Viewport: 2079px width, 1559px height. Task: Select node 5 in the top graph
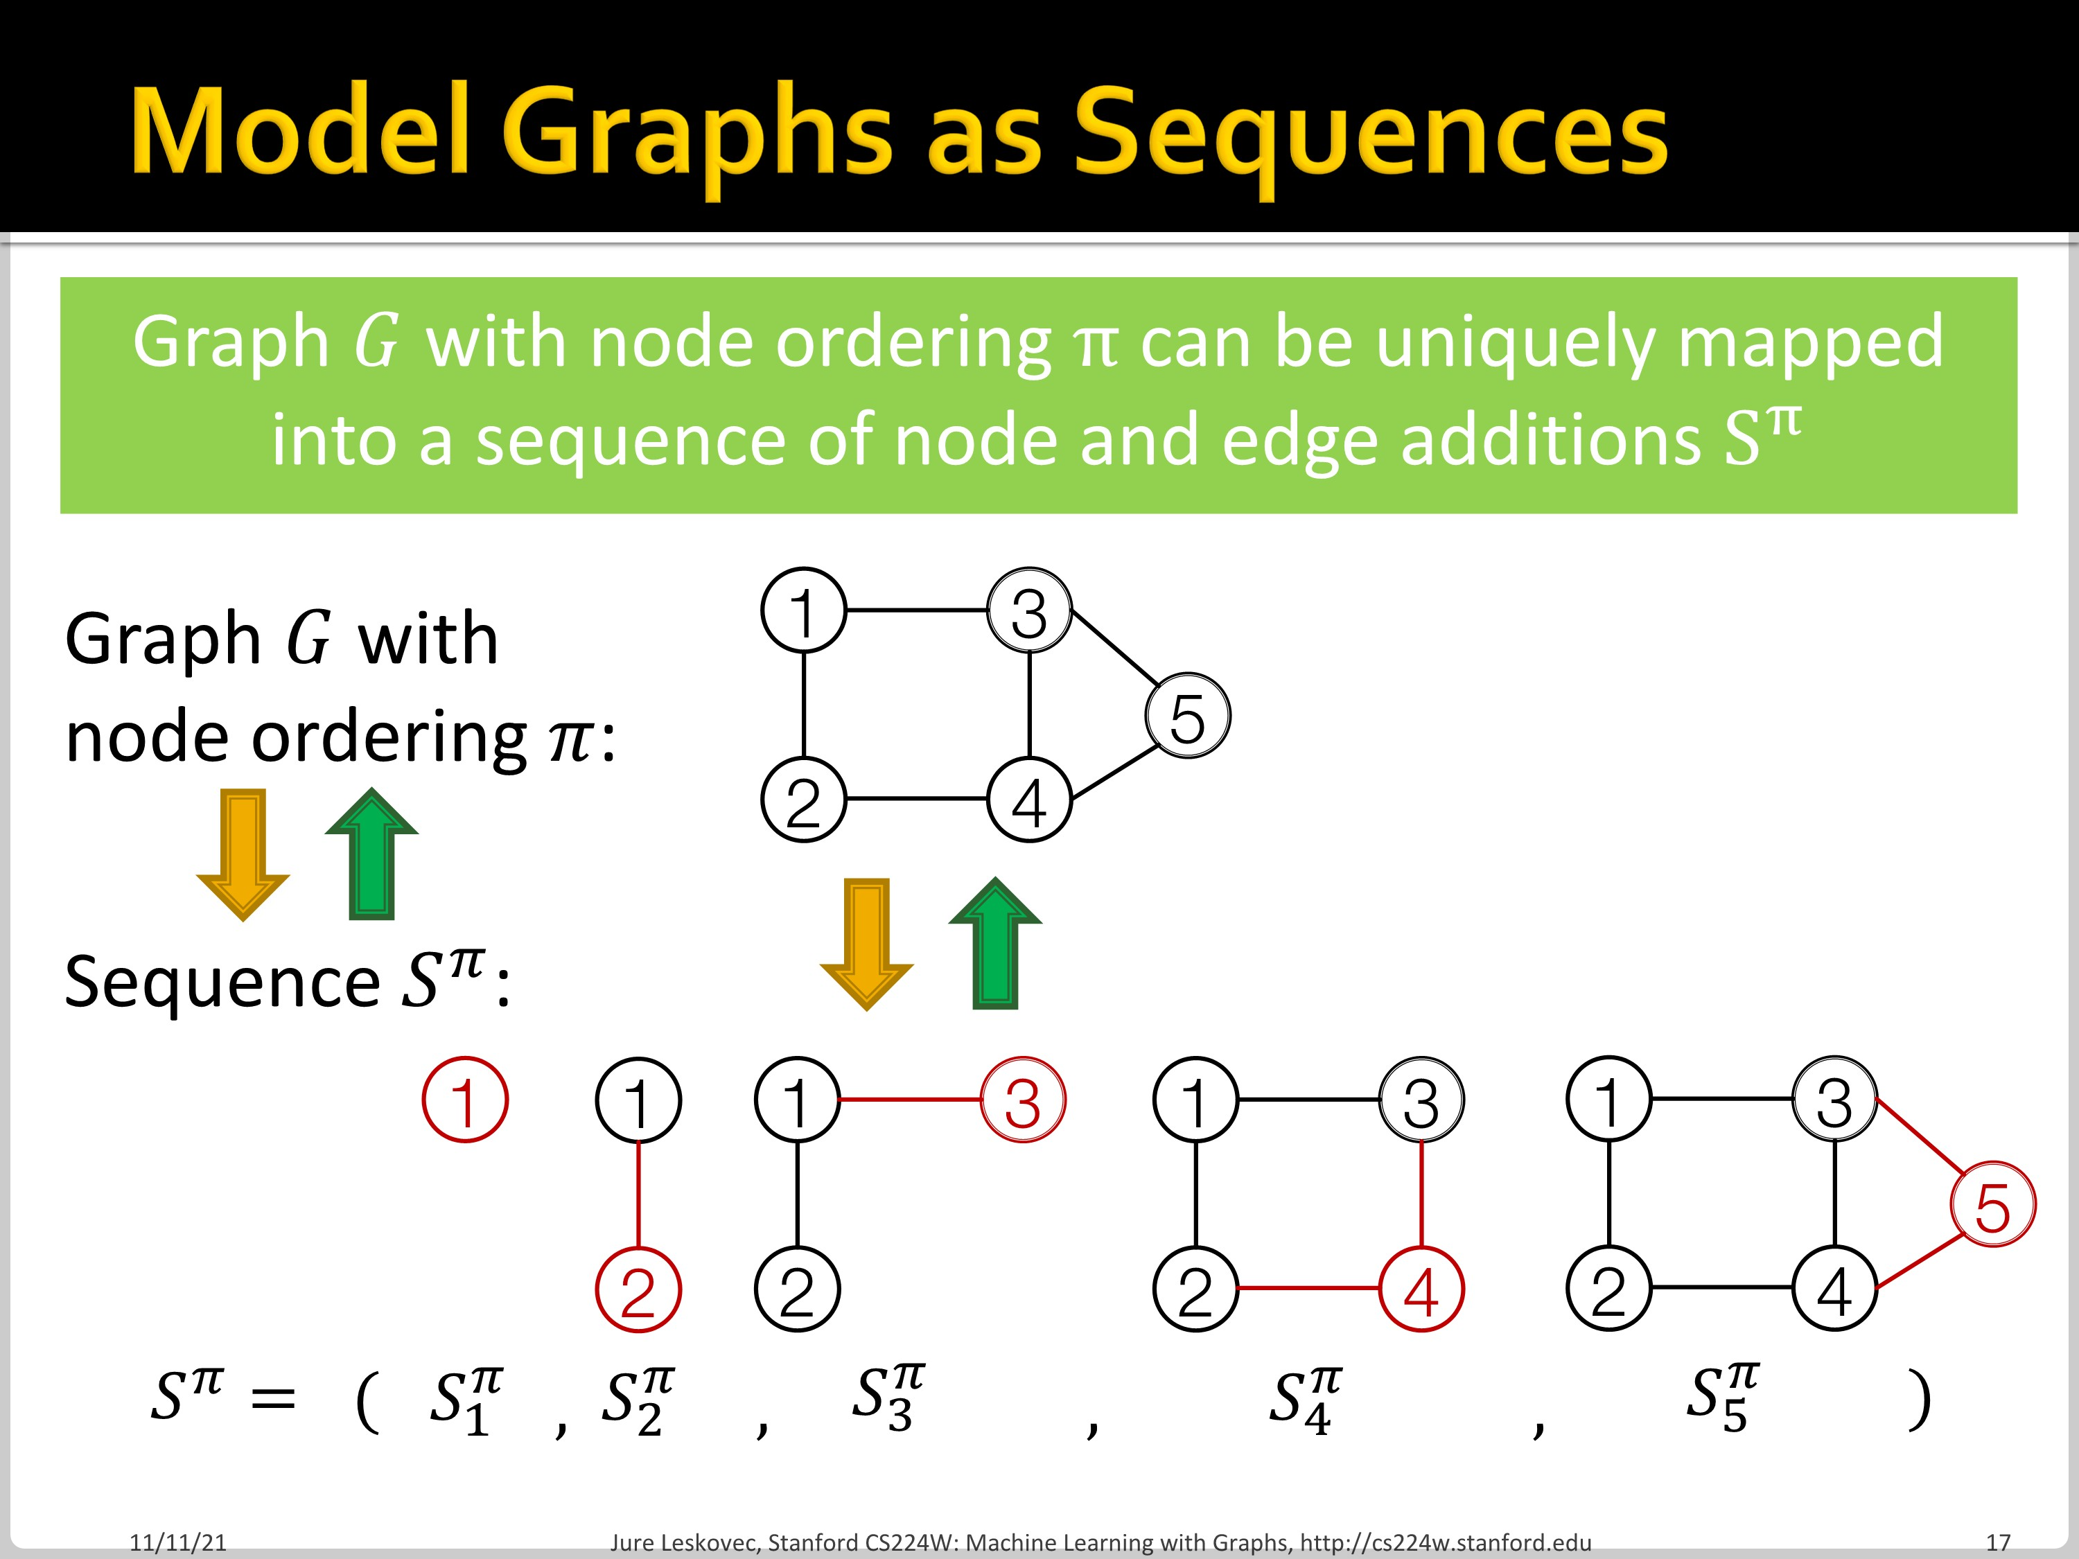pos(1187,716)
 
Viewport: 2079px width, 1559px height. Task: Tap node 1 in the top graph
pos(804,611)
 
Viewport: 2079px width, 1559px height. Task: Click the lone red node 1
pos(465,1100)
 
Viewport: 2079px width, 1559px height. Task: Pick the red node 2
pos(638,1289)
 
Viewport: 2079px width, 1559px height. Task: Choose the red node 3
pos(1023,1100)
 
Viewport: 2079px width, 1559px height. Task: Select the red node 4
pos(1421,1289)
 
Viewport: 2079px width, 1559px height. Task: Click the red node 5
pos(1992,1206)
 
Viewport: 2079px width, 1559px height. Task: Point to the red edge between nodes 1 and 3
pos(910,1100)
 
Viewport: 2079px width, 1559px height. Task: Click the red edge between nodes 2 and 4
pos(1308,1288)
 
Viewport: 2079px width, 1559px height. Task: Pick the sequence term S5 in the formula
pos(1722,1396)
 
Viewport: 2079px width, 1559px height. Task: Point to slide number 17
pos(1998,1542)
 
